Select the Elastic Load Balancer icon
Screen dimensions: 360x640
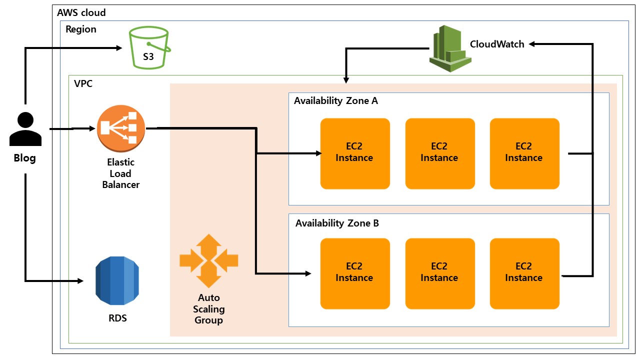pyautogui.click(x=121, y=129)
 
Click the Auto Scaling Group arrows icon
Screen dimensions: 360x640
pyautogui.click(x=209, y=260)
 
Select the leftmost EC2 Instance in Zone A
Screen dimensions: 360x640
pyautogui.click(x=354, y=153)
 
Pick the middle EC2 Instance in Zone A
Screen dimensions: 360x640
pyautogui.click(x=439, y=153)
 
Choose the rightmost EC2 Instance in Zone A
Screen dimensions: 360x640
pyautogui.click(x=524, y=153)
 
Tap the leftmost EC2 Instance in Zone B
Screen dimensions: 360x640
pyautogui.click(x=354, y=273)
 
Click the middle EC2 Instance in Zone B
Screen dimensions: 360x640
pyautogui.click(x=439, y=273)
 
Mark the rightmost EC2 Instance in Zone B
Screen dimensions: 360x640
pyautogui.click(x=524, y=273)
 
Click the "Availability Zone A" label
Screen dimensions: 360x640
pyautogui.click(x=336, y=101)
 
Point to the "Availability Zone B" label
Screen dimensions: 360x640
pyautogui.click(x=337, y=223)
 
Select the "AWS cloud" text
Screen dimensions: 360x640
pyautogui.click(x=81, y=12)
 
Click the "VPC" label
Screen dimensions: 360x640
pyautogui.click(x=83, y=83)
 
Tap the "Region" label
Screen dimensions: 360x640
pyautogui.click(x=81, y=29)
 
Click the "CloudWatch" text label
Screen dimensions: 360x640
pyautogui.click(x=497, y=44)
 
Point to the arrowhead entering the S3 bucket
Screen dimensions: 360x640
pyautogui.click(x=119, y=48)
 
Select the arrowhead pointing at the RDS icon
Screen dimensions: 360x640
pyautogui.click(x=80, y=280)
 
